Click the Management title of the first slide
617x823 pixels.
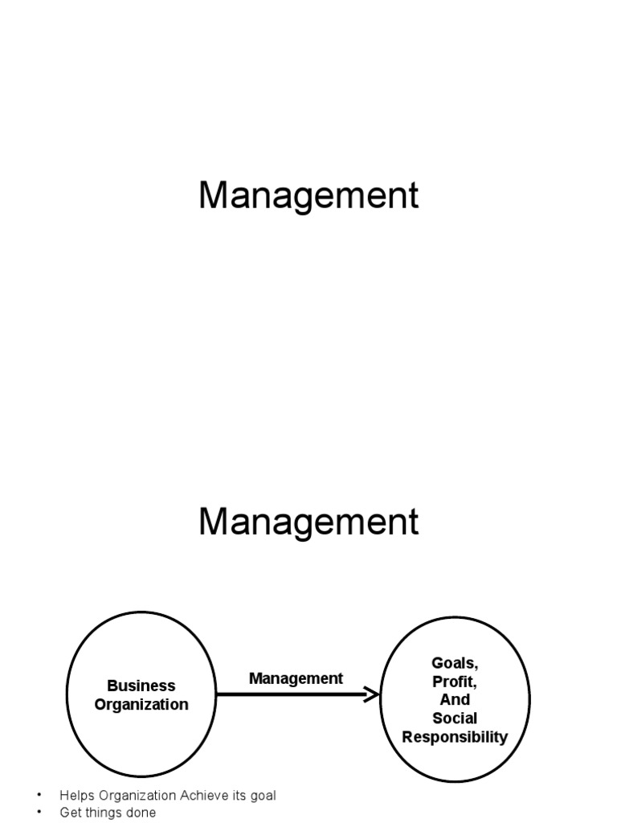(308, 196)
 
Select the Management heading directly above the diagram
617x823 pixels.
(308, 522)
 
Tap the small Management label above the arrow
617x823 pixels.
(296, 678)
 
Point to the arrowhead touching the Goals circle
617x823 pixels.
(372, 694)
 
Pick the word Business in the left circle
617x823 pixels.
(141, 686)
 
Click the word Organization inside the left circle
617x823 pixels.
(141, 705)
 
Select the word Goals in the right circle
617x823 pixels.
(455, 664)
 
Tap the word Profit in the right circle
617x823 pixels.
(455, 682)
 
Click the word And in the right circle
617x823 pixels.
(455, 700)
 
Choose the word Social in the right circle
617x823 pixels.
(455, 719)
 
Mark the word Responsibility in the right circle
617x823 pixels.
(455, 737)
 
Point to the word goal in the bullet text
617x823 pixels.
(262, 796)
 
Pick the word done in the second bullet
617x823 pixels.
(141, 813)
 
